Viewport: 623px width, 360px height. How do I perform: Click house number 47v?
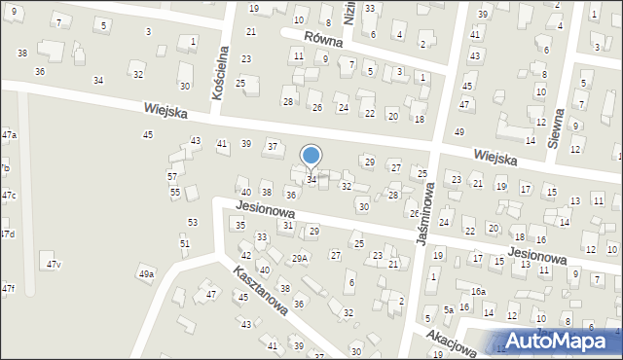54,265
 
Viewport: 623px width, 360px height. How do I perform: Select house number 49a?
146,274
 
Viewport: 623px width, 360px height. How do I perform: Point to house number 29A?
300,258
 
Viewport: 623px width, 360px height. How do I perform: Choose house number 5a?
449,310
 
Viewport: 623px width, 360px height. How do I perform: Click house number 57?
172,176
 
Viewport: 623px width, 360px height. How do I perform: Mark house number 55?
175,193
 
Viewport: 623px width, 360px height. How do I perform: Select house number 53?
193,223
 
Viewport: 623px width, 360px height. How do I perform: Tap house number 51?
185,243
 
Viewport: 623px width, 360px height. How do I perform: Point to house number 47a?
9,133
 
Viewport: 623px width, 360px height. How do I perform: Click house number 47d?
7,234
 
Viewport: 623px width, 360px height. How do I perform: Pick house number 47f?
8,288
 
